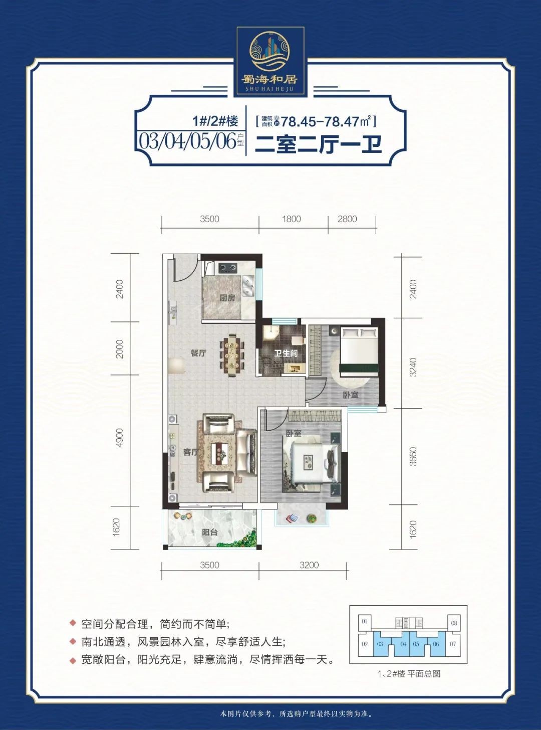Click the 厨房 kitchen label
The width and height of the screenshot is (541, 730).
point(227,298)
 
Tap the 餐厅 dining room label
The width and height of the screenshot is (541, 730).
point(198,353)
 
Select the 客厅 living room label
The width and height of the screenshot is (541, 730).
point(191,452)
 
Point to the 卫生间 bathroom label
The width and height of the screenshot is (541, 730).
point(286,353)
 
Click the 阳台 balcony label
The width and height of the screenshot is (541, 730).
point(209,532)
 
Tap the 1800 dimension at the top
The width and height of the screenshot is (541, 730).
point(292,219)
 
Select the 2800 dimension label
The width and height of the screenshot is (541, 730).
point(347,219)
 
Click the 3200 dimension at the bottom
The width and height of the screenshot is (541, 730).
point(309,565)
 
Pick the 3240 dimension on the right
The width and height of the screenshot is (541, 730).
point(413,368)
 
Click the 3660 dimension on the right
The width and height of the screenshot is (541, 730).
point(413,456)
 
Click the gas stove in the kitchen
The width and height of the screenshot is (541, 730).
point(227,268)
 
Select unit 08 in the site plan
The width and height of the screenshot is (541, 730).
point(454,623)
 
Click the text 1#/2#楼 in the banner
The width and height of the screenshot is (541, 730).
point(215,122)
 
